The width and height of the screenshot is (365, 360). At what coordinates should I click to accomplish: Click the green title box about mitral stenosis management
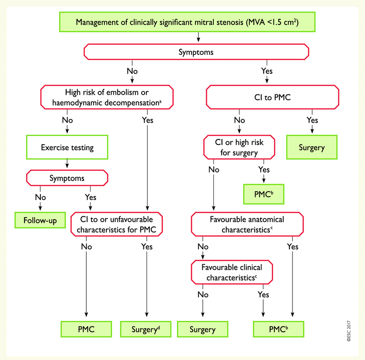coord(187,22)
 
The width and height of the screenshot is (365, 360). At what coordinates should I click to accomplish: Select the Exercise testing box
coord(67,147)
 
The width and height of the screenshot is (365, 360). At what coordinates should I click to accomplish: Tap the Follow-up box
coord(40,220)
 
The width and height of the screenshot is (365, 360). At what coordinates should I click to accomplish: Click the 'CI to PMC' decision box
coord(272,97)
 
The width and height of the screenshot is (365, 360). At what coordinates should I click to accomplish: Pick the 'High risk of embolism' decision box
coord(107,97)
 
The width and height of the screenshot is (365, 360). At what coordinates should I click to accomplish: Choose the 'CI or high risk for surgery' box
coord(239,147)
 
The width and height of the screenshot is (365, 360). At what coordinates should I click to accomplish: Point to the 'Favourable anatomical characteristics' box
coord(247,224)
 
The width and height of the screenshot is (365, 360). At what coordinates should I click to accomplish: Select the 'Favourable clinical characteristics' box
coord(232,272)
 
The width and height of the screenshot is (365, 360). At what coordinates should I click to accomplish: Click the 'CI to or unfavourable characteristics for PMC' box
coord(117,224)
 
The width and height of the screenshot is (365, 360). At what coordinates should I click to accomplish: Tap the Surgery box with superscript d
coord(146,329)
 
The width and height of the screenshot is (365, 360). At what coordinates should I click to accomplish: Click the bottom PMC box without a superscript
coord(86,329)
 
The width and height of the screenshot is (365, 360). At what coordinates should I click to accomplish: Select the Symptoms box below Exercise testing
coord(67,178)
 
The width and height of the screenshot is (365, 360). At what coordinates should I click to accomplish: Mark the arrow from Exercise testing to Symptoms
coord(67,163)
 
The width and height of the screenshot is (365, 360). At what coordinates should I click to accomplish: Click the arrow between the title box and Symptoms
coord(198,37)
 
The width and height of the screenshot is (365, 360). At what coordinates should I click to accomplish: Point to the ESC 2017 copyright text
coord(349,331)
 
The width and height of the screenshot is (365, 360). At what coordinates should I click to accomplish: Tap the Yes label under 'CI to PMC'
coord(312,120)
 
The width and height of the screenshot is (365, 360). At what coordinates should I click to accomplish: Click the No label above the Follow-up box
coord(40,197)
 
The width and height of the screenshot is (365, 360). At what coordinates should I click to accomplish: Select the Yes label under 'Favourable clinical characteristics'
coord(263,295)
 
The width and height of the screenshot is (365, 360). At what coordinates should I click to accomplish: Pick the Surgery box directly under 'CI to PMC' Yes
coord(312,147)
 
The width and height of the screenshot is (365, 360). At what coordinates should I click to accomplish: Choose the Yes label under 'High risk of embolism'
coord(148,120)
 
